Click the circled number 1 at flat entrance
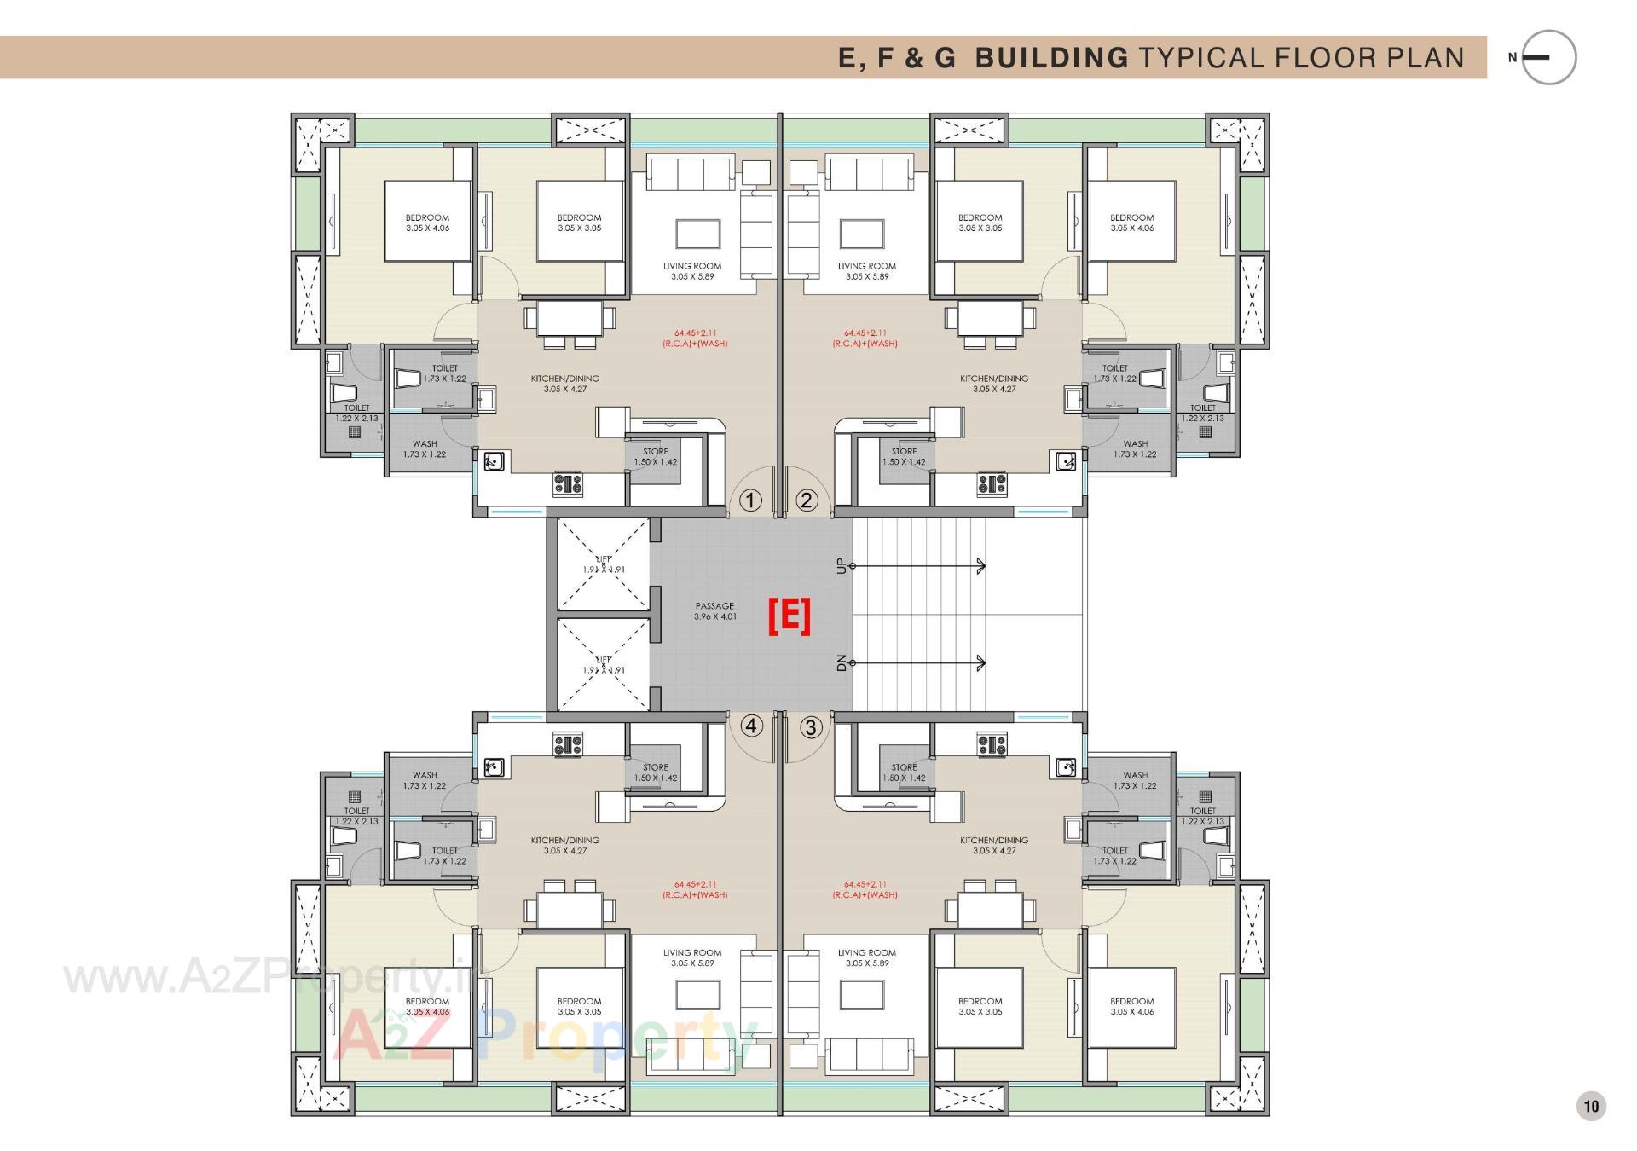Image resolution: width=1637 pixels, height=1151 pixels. pos(749,500)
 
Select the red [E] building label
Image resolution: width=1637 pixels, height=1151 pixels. pos(790,616)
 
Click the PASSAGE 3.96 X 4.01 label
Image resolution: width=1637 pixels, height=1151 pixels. pos(714,611)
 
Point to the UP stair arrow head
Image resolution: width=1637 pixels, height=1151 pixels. pos(981,566)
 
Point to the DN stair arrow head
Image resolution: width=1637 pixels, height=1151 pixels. pos(981,663)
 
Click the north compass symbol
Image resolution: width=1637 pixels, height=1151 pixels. pos(1547,58)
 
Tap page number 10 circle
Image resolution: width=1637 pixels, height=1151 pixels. pos(1591,1107)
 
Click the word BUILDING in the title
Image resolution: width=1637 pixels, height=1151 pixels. pos(1051,58)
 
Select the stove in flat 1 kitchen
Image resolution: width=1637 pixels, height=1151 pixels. pos(568,484)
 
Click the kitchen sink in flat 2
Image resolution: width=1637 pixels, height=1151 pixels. pos(1066,462)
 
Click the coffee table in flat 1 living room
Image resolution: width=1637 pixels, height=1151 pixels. pos(698,234)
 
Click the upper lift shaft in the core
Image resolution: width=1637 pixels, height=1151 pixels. pos(604,564)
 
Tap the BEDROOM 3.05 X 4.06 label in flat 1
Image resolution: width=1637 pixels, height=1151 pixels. pos(427,223)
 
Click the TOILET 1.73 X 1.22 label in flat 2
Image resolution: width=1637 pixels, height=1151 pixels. pos(1115,373)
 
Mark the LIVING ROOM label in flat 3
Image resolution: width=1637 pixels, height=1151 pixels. pos(866,957)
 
